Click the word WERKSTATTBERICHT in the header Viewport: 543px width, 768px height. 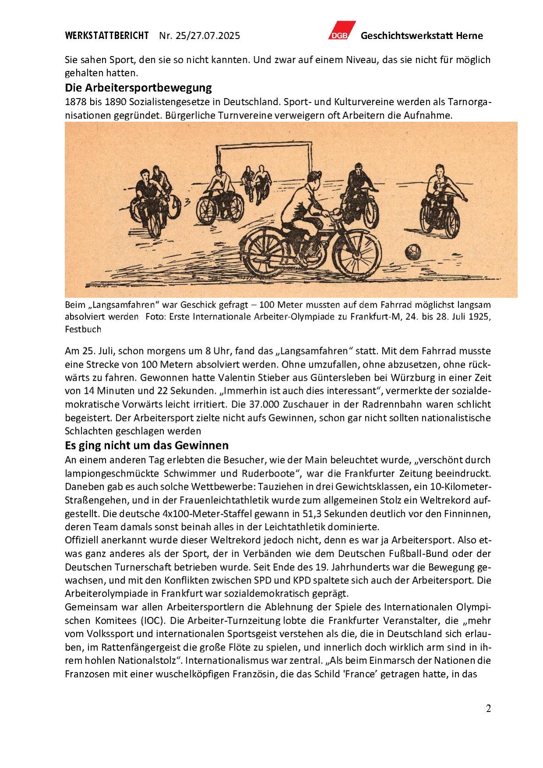coord(106,35)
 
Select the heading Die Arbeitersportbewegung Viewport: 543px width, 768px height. coord(138,88)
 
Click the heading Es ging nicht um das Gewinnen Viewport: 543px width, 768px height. coord(146,446)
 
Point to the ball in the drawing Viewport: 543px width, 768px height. coord(413,252)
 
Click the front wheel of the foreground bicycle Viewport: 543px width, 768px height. coord(356,255)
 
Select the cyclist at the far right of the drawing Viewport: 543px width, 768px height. coord(440,199)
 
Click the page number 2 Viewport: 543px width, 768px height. coord(488,708)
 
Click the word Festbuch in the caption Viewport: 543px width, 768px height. coord(83,329)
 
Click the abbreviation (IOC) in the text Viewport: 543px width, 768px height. coord(153,621)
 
